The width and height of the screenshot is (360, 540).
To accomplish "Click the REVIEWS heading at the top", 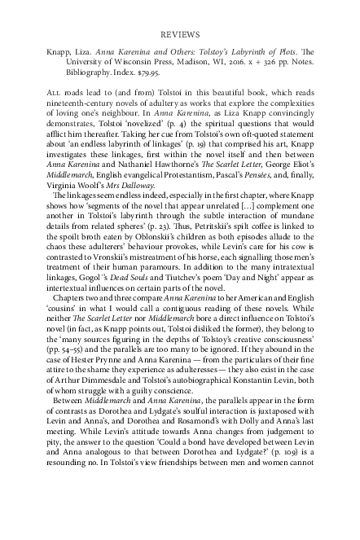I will coord(180,37).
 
